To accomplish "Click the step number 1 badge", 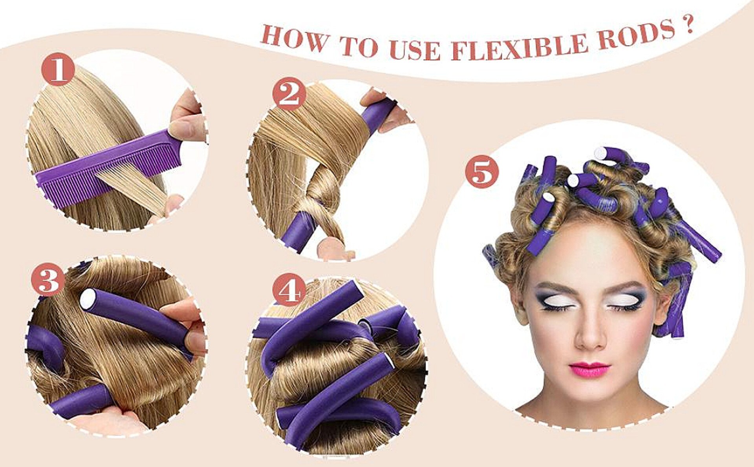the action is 58,70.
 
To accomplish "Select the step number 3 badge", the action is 48,279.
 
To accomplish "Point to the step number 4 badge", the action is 289,290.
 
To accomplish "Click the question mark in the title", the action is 687,26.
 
